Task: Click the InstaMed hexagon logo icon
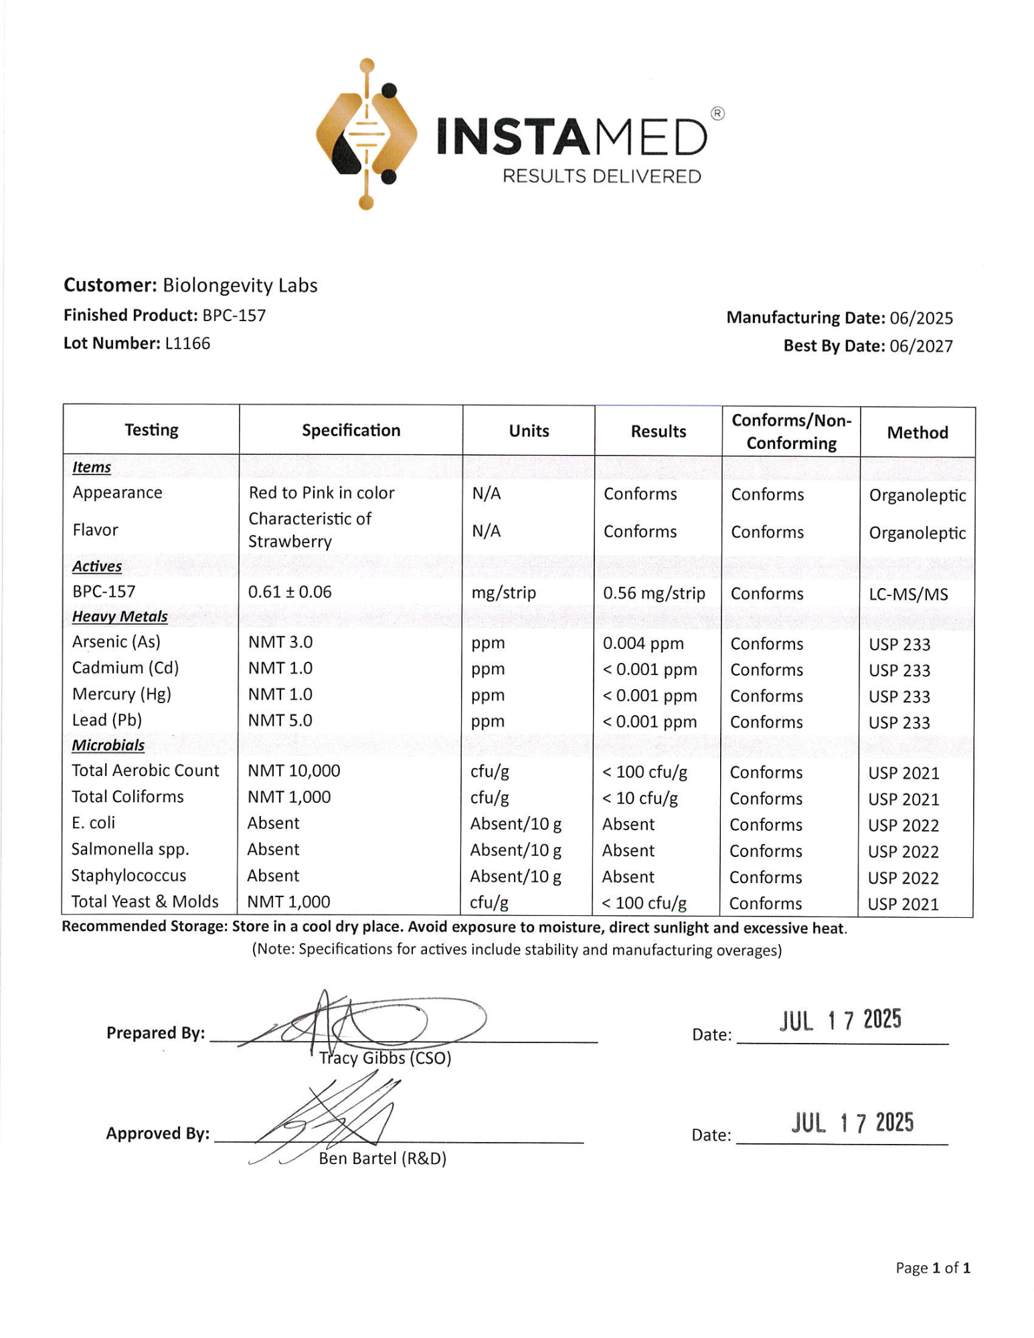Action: pyautogui.click(x=366, y=134)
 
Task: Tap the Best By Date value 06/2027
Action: pyautogui.click(x=921, y=346)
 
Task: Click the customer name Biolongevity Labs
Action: pyautogui.click(x=240, y=286)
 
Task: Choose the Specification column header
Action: pyautogui.click(x=351, y=430)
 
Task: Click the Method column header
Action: pyautogui.click(x=917, y=433)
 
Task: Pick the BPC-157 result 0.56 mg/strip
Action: pyautogui.click(x=654, y=593)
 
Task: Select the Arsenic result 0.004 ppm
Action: pyautogui.click(x=643, y=644)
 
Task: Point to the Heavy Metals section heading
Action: pyautogui.click(x=120, y=616)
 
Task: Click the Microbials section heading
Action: pyautogui.click(x=108, y=745)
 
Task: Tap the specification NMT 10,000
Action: pyautogui.click(x=294, y=771)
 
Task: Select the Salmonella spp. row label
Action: pyautogui.click(x=130, y=850)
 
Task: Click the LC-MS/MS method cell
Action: pyautogui.click(x=908, y=594)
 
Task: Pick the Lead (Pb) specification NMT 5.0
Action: pyautogui.click(x=280, y=721)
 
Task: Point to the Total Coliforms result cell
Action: pyautogui.click(x=640, y=798)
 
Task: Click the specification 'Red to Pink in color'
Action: pyautogui.click(x=321, y=493)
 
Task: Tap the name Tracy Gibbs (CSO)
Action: pyautogui.click(x=385, y=1058)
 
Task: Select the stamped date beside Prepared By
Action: pyautogui.click(x=840, y=1020)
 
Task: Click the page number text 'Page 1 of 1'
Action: pyautogui.click(x=932, y=1268)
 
